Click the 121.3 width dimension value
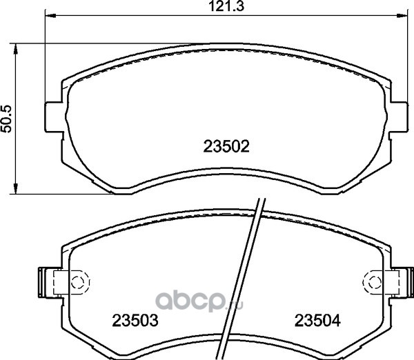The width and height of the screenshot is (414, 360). pyautogui.click(x=226, y=6)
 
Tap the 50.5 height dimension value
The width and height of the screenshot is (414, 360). pyautogui.click(x=6, y=119)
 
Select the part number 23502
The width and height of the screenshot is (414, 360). pyautogui.click(x=226, y=146)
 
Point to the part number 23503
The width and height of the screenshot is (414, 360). pyautogui.click(x=135, y=321)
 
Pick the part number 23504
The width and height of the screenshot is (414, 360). pyautogui.click(x=317, y=321)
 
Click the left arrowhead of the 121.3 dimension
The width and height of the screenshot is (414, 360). pyautogui.click(x=50, y=16)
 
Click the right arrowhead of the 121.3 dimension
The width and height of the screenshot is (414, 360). pyautogui.click(x=402, y=16)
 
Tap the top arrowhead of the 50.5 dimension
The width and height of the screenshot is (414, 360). pyautogui.click(x=16, y=48)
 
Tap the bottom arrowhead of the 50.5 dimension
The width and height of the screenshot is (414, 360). pyautogui.click(x=16, y=189)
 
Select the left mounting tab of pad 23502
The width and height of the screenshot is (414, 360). pyautogui.click(x=54, y=117)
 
